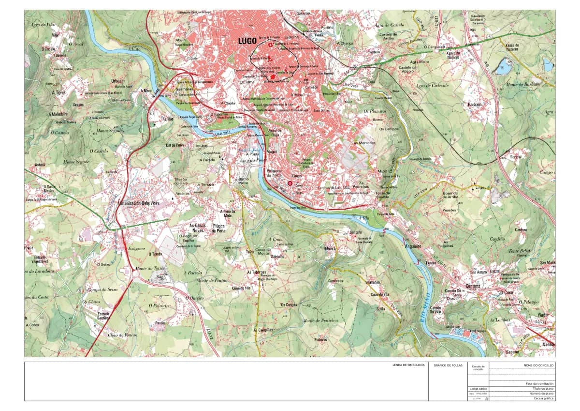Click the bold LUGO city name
247,42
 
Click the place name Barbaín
476,104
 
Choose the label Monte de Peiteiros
320,320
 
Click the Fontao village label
160,322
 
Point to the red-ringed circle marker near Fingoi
290,183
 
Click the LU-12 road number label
210,334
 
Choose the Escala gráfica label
544,398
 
